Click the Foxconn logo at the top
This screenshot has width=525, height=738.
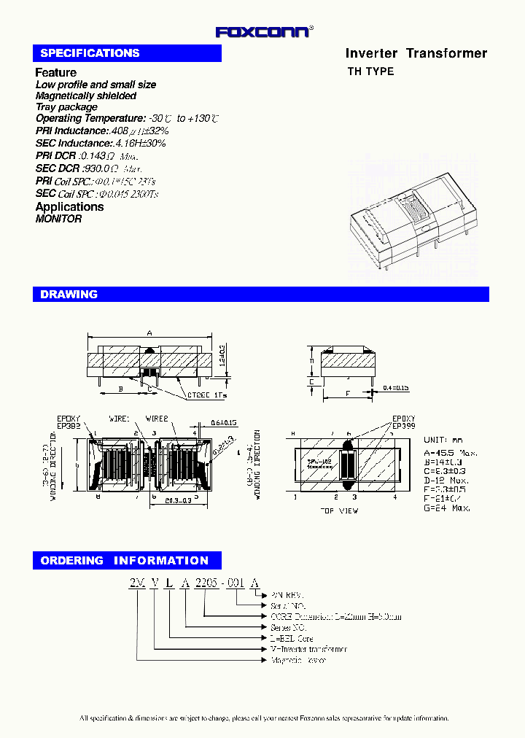264,31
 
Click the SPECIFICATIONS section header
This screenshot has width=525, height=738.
90,53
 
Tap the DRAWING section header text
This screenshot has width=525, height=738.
69,295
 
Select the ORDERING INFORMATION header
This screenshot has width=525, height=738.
125,561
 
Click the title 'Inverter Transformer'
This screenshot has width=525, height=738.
416,53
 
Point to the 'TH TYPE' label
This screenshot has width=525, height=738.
370,71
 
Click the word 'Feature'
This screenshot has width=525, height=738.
55,72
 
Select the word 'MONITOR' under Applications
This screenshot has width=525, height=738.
58,219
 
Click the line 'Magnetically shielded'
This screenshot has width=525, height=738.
85,96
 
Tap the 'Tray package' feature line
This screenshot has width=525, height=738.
66,107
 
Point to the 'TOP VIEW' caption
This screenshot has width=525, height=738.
339,511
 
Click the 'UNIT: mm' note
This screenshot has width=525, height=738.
443,440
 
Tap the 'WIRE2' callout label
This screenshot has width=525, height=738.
157,419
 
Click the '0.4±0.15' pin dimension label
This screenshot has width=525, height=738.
397,388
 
